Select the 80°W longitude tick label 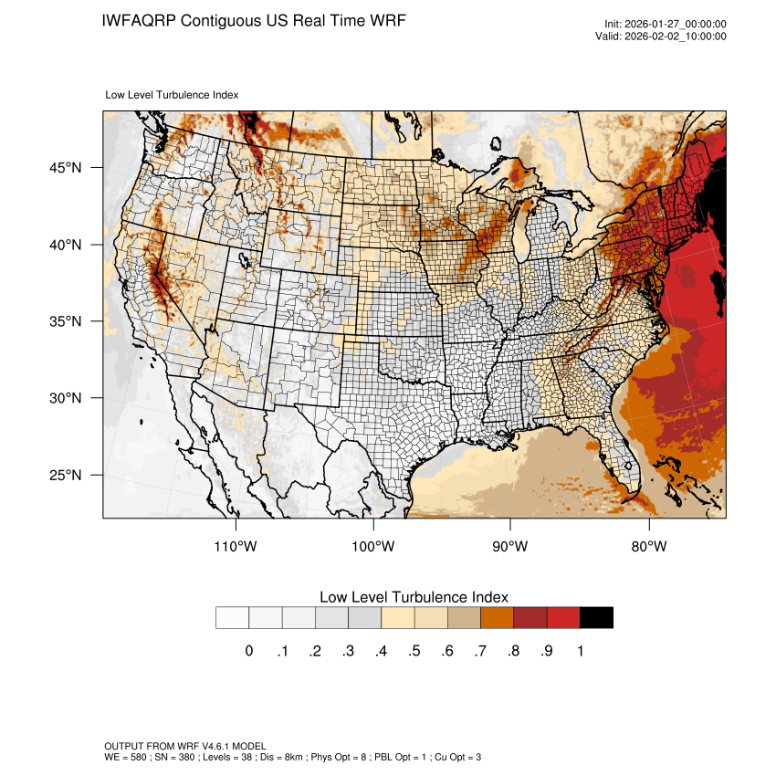pyautogui.click(x=649, y=547)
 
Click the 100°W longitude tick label pyautogui.click(x=373, y=547)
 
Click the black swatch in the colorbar pyautogui.click(x=596, y=618)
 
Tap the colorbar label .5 pyautogui.click(x=414, y=651)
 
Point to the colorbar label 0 pyautogui.click(x=249, y=651)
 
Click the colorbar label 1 pyautogui.click(x=580, y=651)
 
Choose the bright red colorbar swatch pyautogui.click(x=563, y=618)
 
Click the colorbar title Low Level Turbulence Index pyautogui.click(x=414, y=597)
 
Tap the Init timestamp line pyautogui.click(x=666, y=24)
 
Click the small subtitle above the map pyautogui.click(x=173, y=94)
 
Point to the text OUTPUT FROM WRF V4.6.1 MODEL pyautogui.click(x=184, y=746)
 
